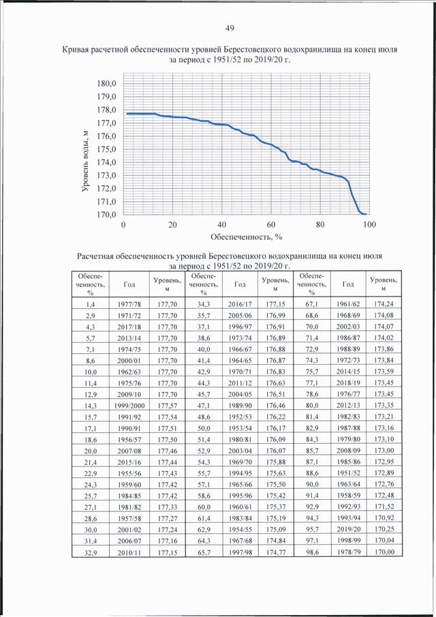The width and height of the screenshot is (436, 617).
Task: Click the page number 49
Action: (230, 28)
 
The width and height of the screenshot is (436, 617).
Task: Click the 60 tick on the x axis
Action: (271, 225)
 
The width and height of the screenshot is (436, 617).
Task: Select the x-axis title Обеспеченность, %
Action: (247, 237)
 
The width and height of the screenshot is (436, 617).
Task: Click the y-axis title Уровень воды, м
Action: (85, 162)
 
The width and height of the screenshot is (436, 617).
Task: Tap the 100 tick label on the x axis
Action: (369, 225)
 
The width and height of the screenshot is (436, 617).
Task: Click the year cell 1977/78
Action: (129, 304)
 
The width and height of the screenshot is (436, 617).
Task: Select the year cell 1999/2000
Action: (129, 406)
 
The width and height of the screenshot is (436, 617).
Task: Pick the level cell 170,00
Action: (384, 552)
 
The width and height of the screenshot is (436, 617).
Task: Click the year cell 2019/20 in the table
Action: (348, 529)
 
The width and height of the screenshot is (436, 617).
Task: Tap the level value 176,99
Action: (276, 316)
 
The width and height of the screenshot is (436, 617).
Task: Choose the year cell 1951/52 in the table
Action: (348, 473)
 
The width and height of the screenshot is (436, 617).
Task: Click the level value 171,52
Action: (384, 507)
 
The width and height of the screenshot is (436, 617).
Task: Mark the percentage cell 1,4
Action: (91, 304)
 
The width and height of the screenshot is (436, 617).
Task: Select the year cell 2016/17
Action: (240, 304)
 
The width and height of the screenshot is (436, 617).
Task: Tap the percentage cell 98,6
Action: (312, 552)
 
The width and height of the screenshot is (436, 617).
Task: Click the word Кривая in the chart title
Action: (75, 50)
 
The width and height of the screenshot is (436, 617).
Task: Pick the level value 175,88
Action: (276, 462)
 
